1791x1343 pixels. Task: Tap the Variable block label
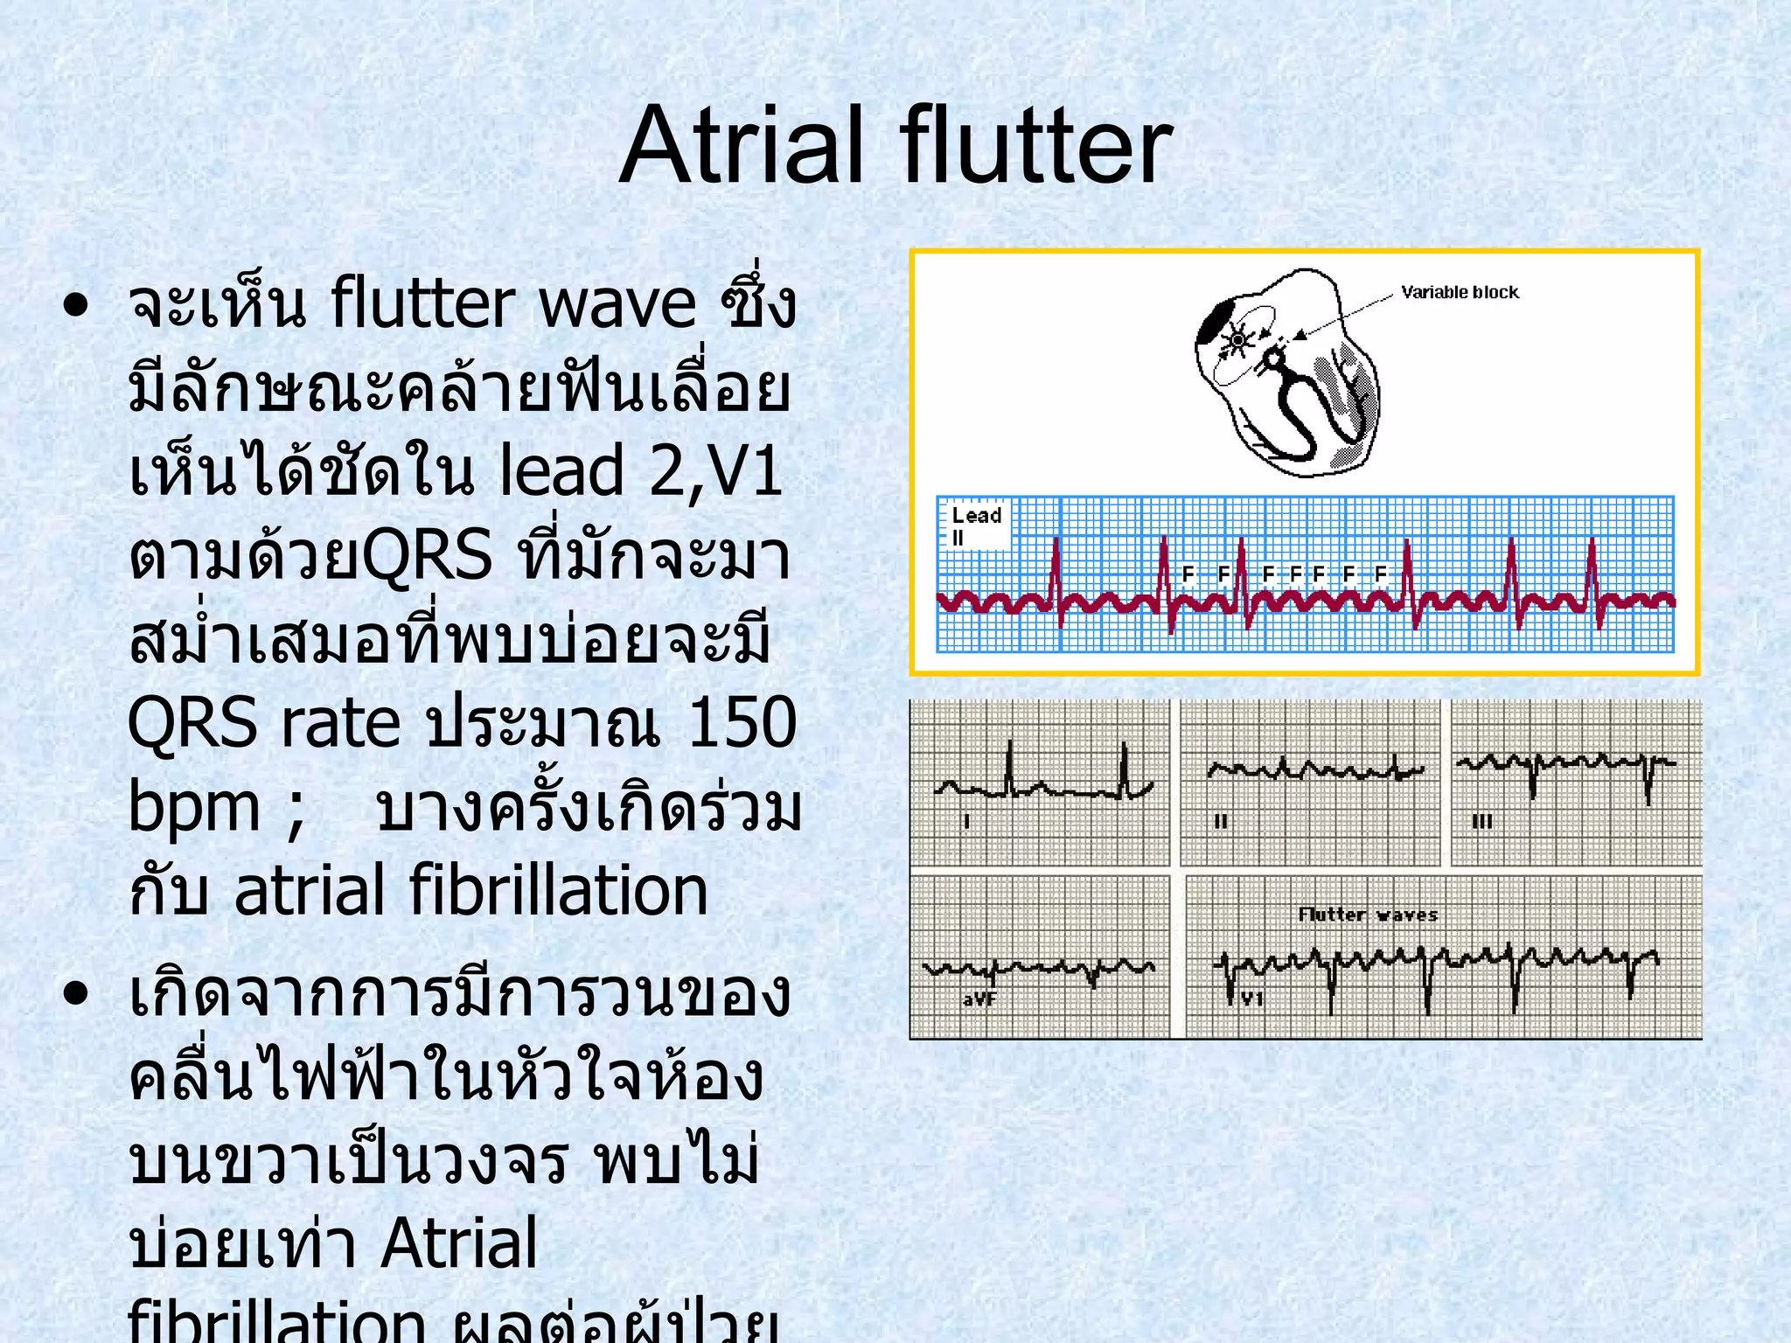[1460, 292]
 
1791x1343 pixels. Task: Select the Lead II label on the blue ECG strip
[974, 525]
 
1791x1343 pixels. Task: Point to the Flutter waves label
[1368, 915]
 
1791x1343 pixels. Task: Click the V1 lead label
[1252, 998]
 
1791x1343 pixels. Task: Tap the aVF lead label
[979, 999]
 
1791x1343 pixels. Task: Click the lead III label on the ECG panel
[1482, 822]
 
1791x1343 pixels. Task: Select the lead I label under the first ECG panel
[966, 821]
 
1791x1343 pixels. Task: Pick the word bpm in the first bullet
[193, 806]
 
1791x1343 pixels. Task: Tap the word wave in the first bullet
[617, 304]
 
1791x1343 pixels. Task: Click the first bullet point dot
[77, 305]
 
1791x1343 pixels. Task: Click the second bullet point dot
[77, 993]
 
